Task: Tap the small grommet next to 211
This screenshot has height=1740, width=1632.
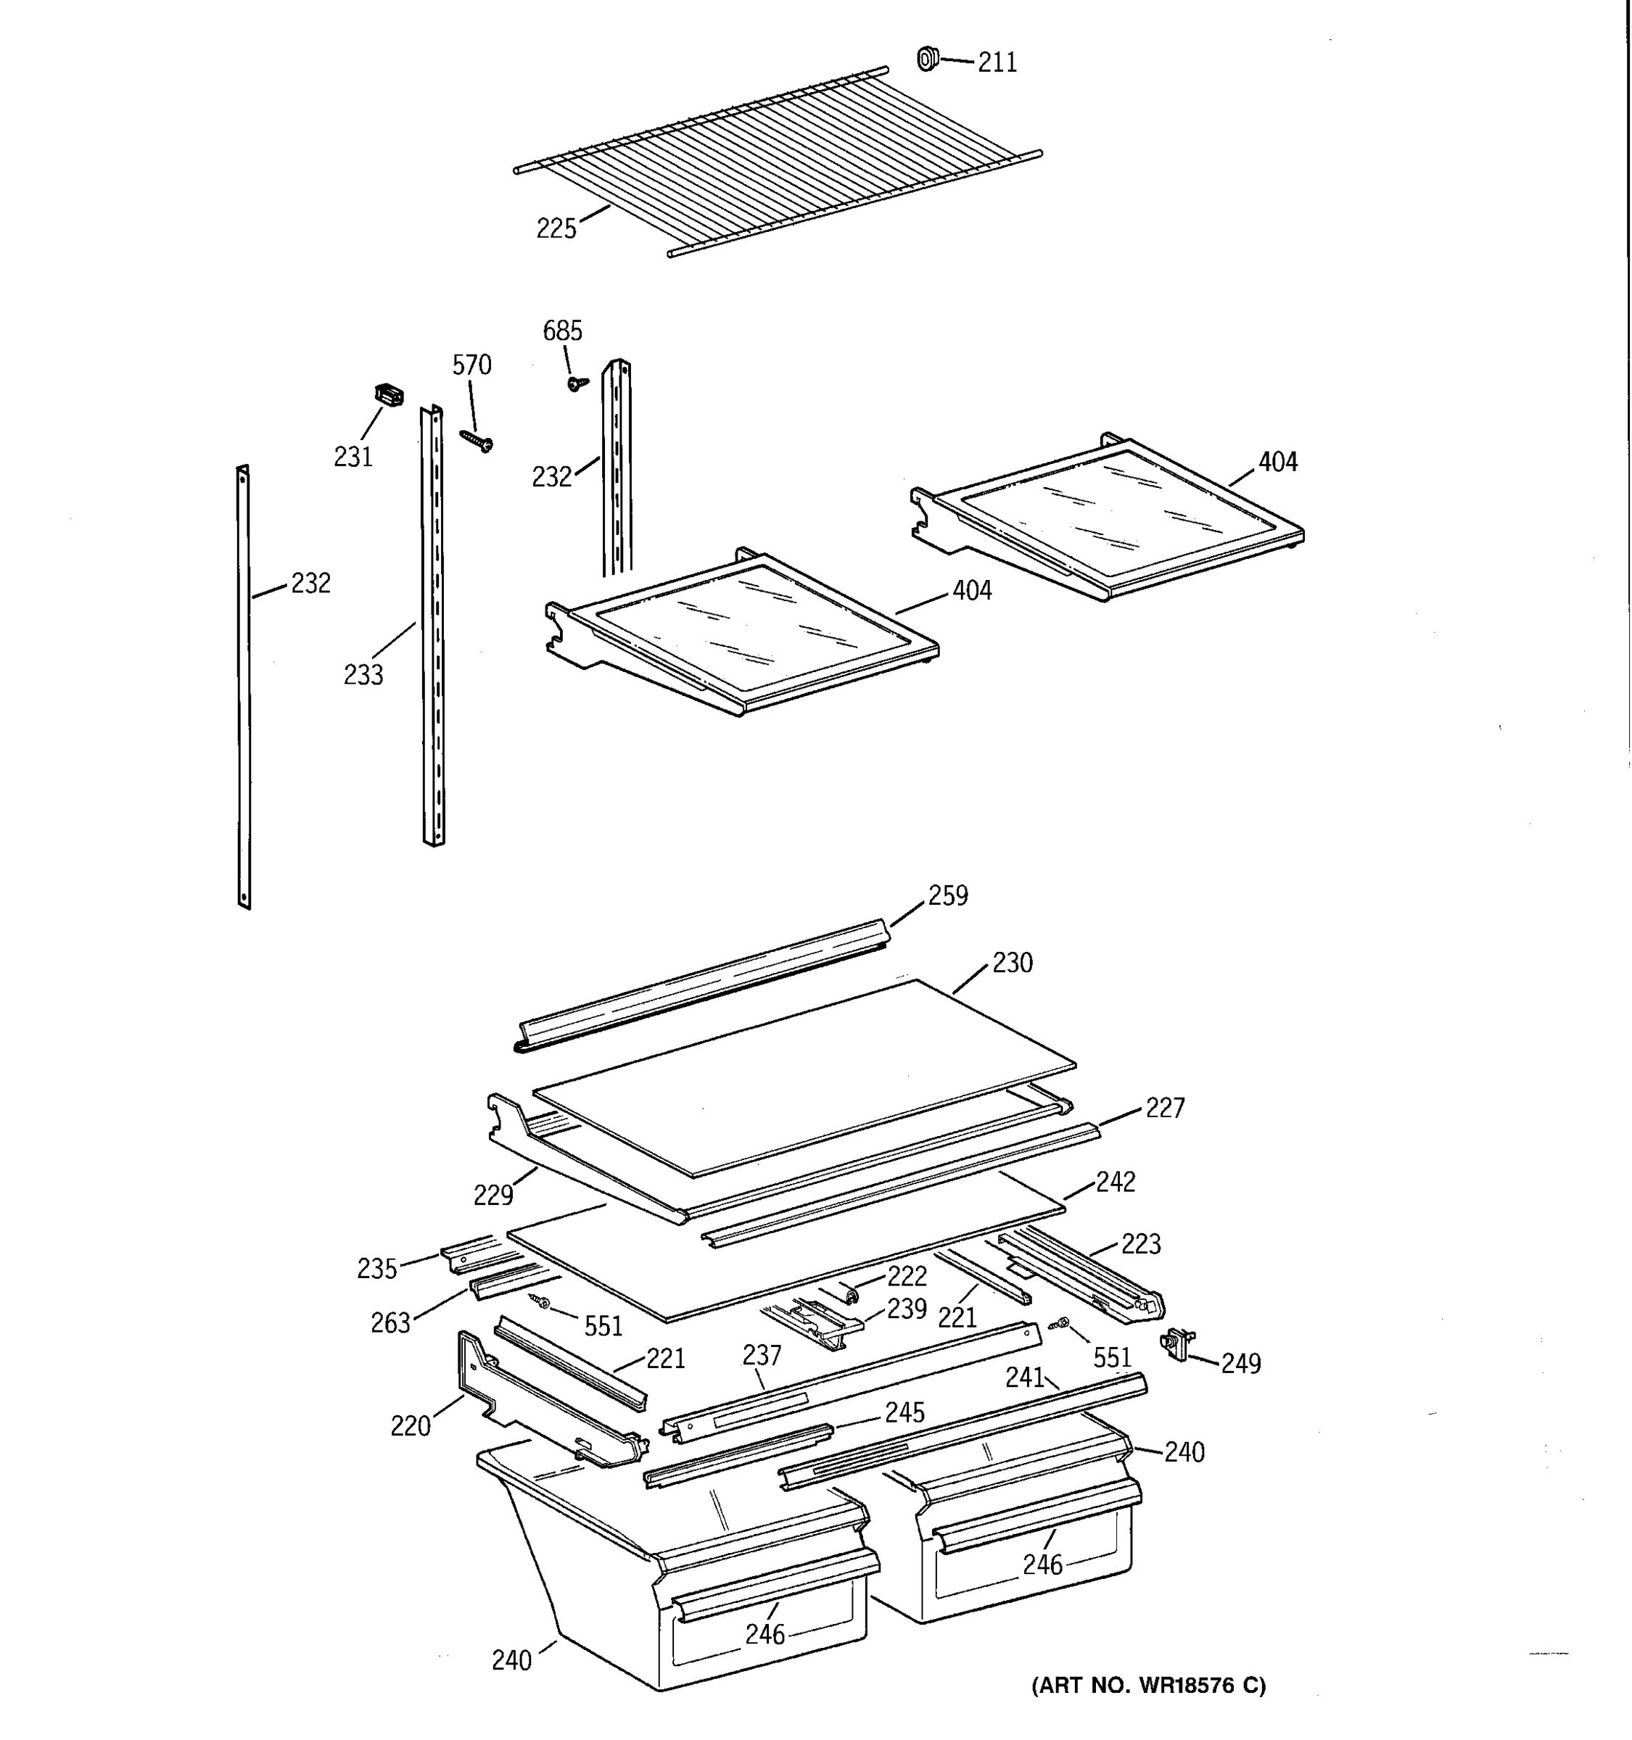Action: pos(927,59)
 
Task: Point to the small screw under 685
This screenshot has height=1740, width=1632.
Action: pos(576,384)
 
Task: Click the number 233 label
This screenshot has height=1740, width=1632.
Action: pos(363,675)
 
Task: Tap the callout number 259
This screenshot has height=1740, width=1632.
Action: pos(947,895)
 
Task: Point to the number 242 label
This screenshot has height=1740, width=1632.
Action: pos(1115,1182)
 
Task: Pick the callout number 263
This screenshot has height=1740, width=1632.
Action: pos(390,1323)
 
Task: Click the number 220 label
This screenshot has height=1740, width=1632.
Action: pos(411,1427)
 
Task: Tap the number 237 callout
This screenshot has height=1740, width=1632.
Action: pos(762,1356)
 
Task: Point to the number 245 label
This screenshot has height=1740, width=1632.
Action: pos(904,1412)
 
